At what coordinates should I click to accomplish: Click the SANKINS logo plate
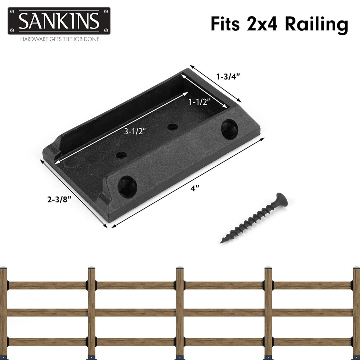(59, 21)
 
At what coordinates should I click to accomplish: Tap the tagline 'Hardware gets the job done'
(59, 39)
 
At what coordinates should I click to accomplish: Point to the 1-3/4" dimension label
(228, 76)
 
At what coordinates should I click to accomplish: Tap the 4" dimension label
(195, 188)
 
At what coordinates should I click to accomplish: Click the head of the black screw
(281, 199)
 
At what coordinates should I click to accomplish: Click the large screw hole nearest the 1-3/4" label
(229, 129)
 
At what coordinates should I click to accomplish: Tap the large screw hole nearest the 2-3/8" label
(127, 186)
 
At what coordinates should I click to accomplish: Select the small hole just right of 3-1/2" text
(173, 127)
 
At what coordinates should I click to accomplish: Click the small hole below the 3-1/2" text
(121, 155)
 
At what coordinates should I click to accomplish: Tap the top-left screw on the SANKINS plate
(12, 12)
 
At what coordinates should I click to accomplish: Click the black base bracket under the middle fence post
(180, 357)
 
